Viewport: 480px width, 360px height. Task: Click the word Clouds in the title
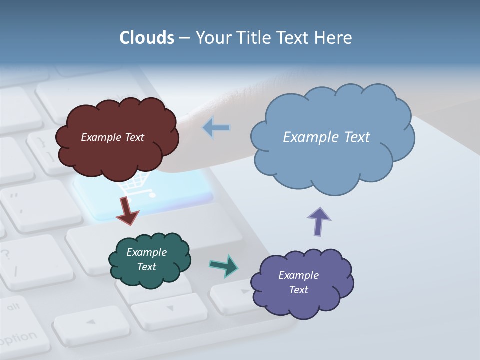pyautogui.click(x=146, y=38)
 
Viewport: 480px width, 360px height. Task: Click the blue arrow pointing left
pyautogui.click(x=216, y=128)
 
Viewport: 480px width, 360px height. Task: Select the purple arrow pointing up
pyautogui.click(x=319, y=221)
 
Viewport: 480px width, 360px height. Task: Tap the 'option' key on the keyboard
pyautogui.click(x=20, y=338)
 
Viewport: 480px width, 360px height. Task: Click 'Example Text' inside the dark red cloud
pyautogui.click(x=112, y=137)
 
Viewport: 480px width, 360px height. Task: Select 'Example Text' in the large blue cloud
pyautogui.click(x=326, y=137)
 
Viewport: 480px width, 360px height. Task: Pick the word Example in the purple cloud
pyautogui.click(x=298, y=275)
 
